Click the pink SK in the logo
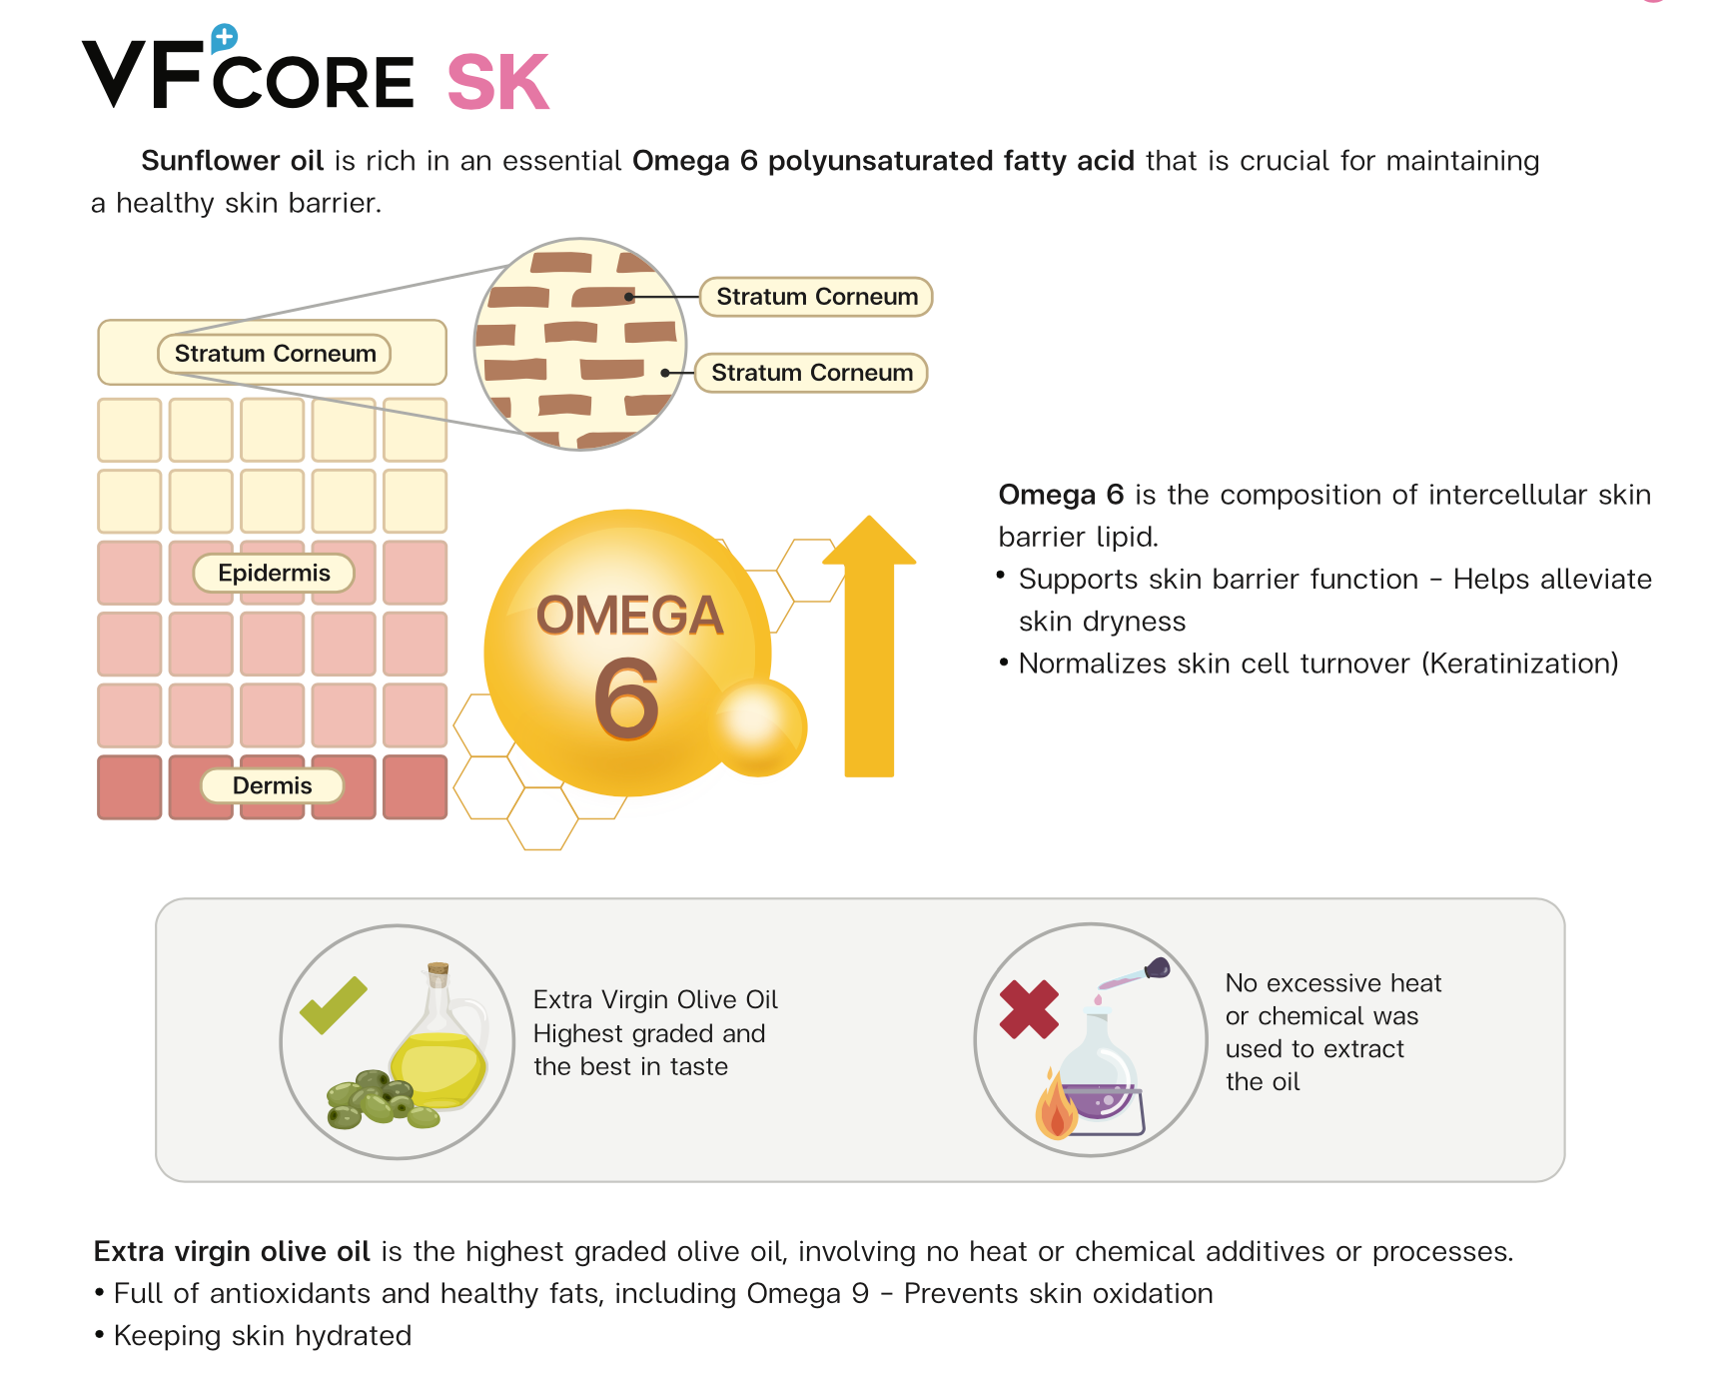(498, 82)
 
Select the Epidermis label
(274, 573)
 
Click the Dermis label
(272, 785)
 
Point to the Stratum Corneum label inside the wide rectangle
(275, 354)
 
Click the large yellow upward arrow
(869, 646)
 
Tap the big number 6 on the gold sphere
(626, 698)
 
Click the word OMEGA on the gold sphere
(629, 615)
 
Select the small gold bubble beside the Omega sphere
(760, 726)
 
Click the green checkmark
(333, 1004)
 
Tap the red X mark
(1029, 1009)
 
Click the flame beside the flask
(1056, 1106)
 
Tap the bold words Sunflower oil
(232, 161)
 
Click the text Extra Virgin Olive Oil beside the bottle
(655, 999)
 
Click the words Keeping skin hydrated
(263, 1336)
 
